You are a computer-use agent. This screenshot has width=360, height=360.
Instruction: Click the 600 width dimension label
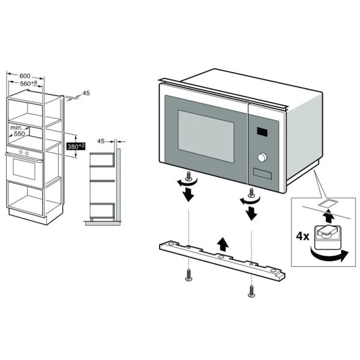[x=25, y=76]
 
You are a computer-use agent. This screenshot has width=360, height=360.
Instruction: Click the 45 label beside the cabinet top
[x=86, y=93]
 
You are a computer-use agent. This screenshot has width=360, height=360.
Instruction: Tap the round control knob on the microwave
[x=262, y=158]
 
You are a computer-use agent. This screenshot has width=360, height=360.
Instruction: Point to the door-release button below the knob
[x=262, y=175]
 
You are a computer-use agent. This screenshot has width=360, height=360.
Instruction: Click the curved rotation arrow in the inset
[x=328, y=257]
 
